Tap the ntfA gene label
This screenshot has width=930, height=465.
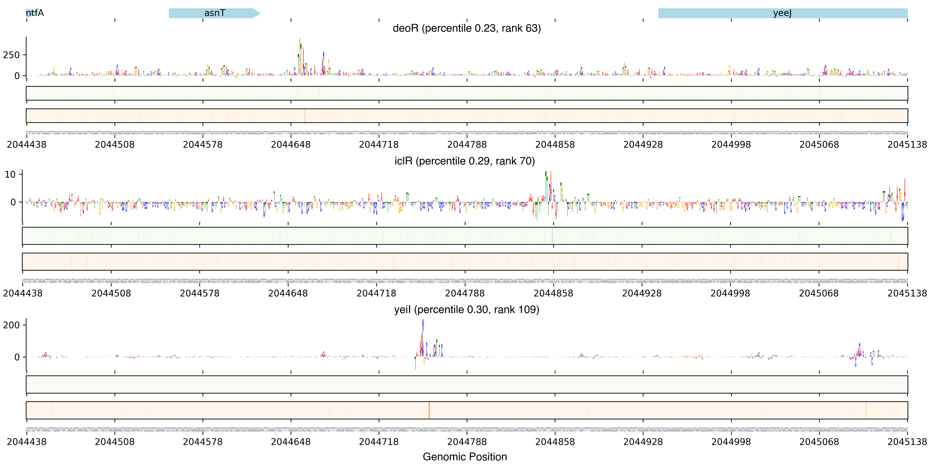35,13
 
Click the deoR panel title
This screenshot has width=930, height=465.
467,28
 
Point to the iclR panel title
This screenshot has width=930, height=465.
465,161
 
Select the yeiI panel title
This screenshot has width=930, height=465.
467,310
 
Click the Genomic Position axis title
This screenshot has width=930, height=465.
465,457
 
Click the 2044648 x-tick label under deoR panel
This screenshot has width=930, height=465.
291,145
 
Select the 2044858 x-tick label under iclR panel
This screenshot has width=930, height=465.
553,293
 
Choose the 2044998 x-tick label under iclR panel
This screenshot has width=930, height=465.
730,293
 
